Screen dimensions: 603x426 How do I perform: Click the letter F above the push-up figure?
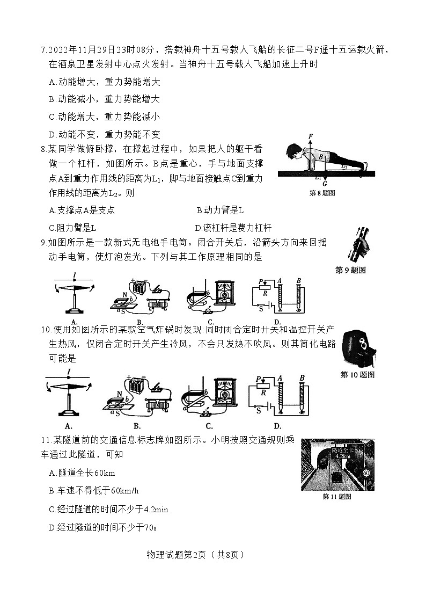[x=310, y=138]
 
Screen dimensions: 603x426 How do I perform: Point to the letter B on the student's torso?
[x=320, y=157]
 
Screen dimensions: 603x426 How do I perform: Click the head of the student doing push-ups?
[x=291, y=150]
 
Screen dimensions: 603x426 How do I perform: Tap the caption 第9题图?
[x=350, y=270]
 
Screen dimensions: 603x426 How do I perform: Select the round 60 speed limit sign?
[x=366, y=473]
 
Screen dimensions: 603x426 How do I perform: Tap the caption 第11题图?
[x=336, y=497]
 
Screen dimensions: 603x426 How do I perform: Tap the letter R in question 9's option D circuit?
[x=263, y=295]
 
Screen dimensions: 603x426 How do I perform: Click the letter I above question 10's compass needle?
[x=69, y=371]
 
